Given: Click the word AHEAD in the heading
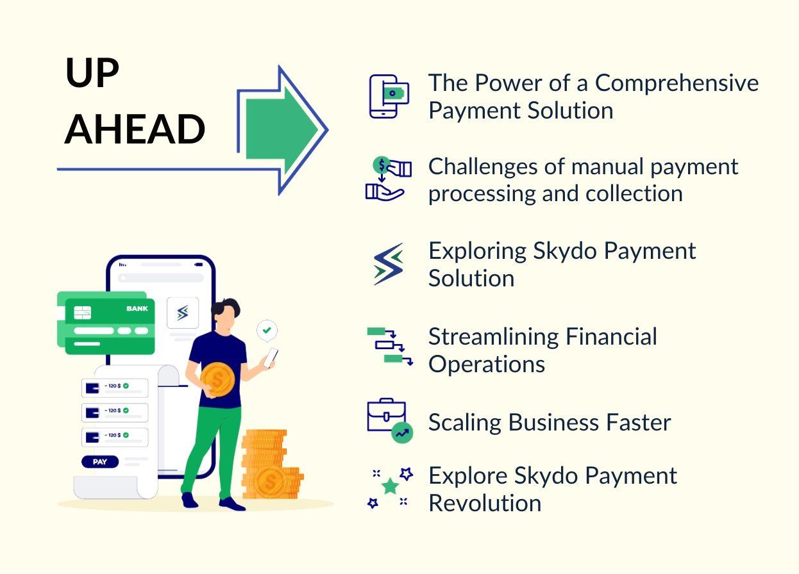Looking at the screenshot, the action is point(135,129).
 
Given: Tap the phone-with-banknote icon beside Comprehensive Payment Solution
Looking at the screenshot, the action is point(389,96).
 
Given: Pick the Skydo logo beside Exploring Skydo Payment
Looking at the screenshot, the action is point(389,263).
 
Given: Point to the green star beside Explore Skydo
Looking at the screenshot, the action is point(390,487).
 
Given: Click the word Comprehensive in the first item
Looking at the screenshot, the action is point(677,83).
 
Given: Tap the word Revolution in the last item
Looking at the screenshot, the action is point(485,503).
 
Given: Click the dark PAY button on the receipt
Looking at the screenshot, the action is point(100,461).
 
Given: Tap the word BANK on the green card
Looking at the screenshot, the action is point(137,309).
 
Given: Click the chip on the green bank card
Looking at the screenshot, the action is point(83,312).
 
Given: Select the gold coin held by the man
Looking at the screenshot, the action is point(217,380).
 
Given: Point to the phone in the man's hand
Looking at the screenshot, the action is point(271,357).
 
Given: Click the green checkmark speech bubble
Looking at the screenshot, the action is point(267,331).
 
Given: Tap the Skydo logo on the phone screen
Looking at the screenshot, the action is point(183,313).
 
